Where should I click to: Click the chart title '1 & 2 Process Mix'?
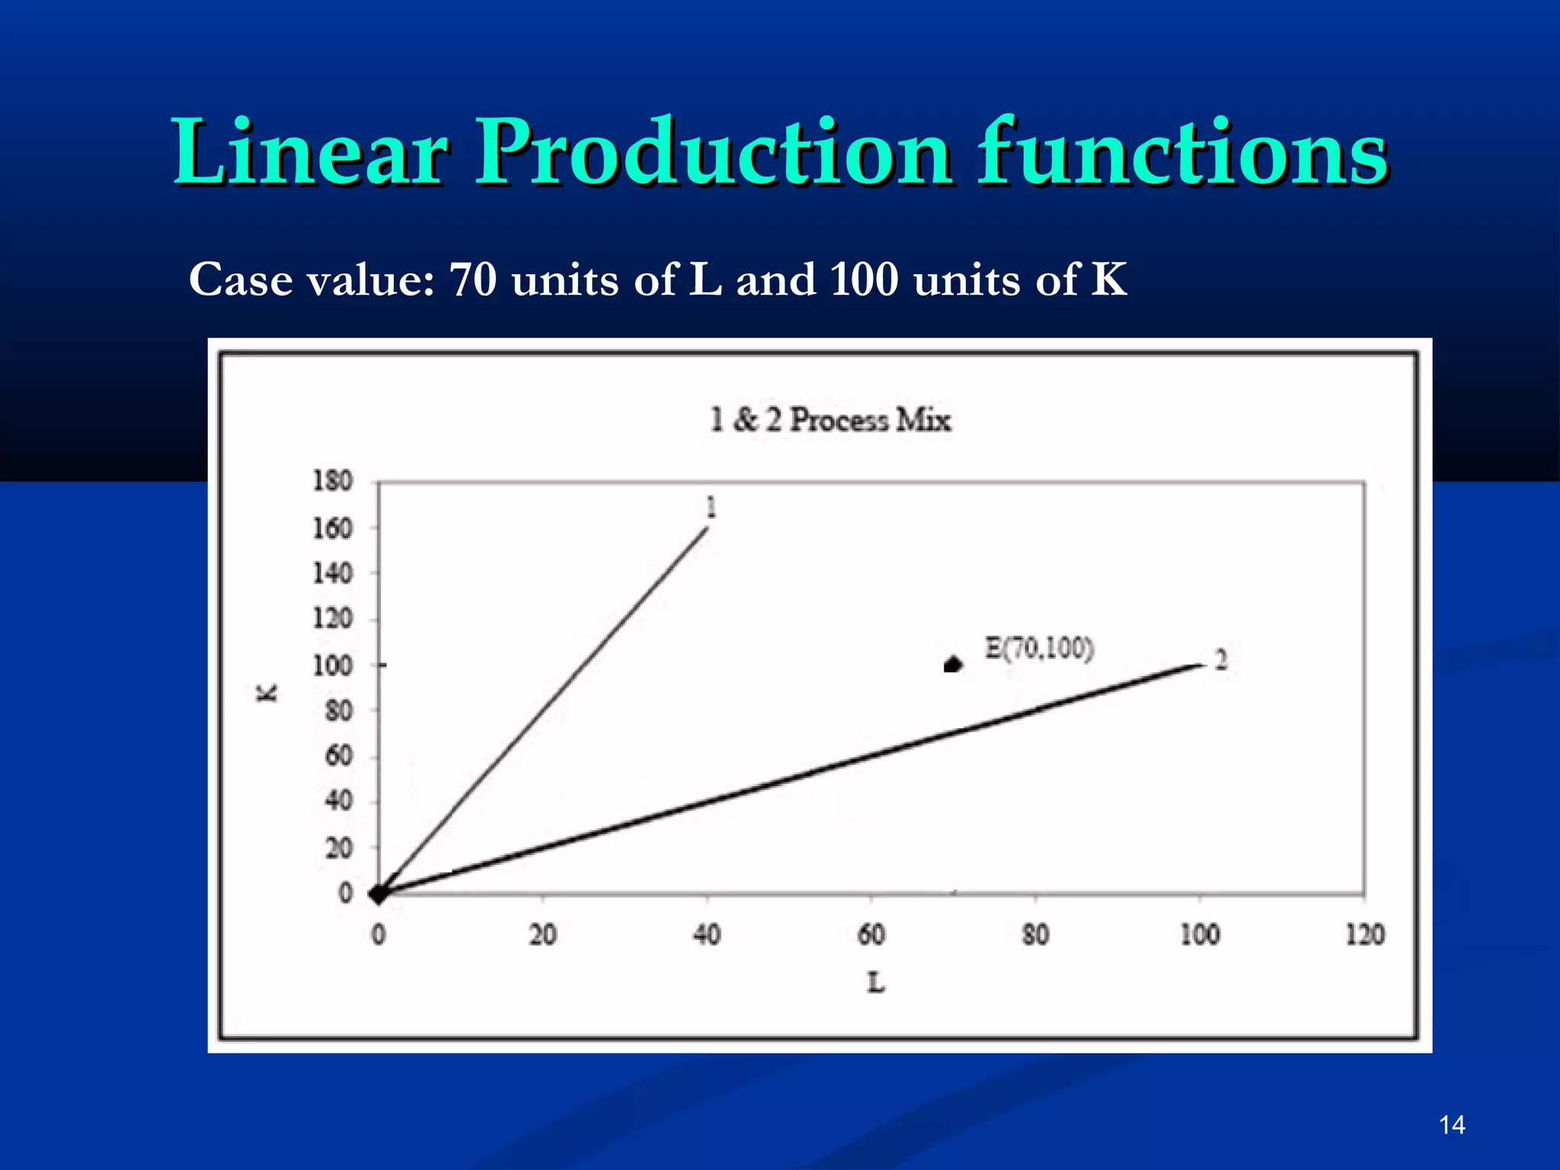tap(830, 420)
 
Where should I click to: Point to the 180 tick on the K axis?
tap(333, 481)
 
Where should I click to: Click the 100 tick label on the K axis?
tap(333, 665)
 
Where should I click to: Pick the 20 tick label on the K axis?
tap(339, 847)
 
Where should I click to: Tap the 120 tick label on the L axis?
tap(1364, 935)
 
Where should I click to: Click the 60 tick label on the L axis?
tap(871, 935)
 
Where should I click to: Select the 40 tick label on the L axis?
tap(707, 935)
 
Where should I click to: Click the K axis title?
tap(267, 692)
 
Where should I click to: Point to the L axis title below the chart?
tap(876, 983)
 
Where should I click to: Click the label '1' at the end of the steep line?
tap(711, 507)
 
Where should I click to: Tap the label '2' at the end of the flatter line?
tap(1221, 660)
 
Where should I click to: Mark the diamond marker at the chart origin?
tap(378, 894)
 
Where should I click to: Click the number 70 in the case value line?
tap(472, 279)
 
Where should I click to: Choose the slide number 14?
tap(1452, 1125)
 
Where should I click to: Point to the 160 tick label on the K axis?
tap(333, 527)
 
